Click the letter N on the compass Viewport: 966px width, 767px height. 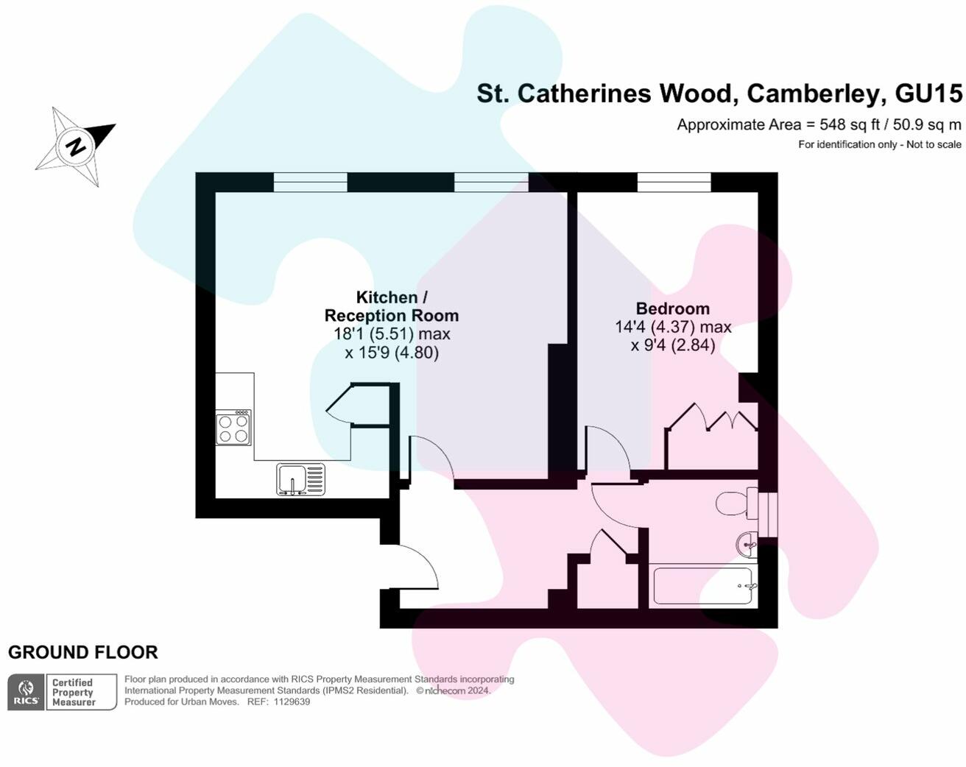coord(75,146)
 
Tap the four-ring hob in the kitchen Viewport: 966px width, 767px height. coord(233,428)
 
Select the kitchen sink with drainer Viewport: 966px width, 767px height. coord(300,479)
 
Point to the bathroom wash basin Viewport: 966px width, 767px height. coord(747,545)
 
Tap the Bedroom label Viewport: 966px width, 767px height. coord(673,308)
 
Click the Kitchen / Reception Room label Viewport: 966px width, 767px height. coord(392,306)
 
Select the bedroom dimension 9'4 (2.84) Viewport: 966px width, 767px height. coord(673,345)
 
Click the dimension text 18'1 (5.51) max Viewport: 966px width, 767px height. coord(392,334)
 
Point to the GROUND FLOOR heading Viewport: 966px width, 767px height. coord(83,652)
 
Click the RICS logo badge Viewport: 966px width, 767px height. coord(26,692)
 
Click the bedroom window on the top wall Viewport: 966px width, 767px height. coord(674,183)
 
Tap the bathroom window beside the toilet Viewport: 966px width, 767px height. coord(768,515)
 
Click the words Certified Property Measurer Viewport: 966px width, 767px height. coord(74,692)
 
